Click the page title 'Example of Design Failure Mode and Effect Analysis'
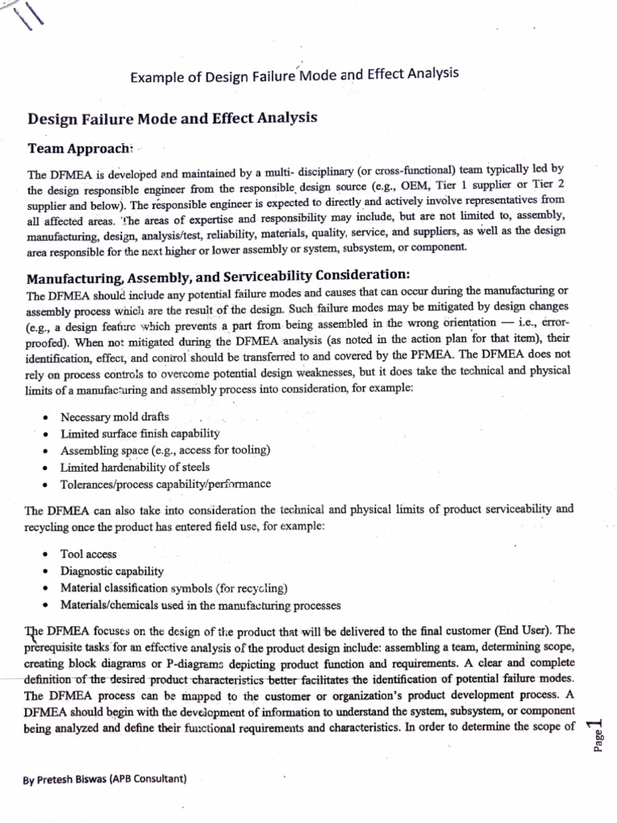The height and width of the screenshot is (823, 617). (x=294, y=75)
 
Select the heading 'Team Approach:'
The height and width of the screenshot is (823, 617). (x=80, y=149)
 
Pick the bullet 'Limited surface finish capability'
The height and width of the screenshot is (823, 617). (x=134, y=434)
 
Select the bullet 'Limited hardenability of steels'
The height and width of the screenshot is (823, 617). (x=135, y=467)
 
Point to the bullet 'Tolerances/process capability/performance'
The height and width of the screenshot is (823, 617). (x=165, y=484)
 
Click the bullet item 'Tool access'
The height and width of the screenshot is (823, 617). (x=88, y=554)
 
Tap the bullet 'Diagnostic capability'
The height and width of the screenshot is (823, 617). (x=112, y=571)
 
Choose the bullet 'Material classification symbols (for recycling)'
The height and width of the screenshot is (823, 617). (x=174, y=588)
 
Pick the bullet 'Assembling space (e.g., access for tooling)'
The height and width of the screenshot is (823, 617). (x=165, y=450)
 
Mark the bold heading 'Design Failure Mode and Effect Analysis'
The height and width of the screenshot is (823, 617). (x=173, y=118)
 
